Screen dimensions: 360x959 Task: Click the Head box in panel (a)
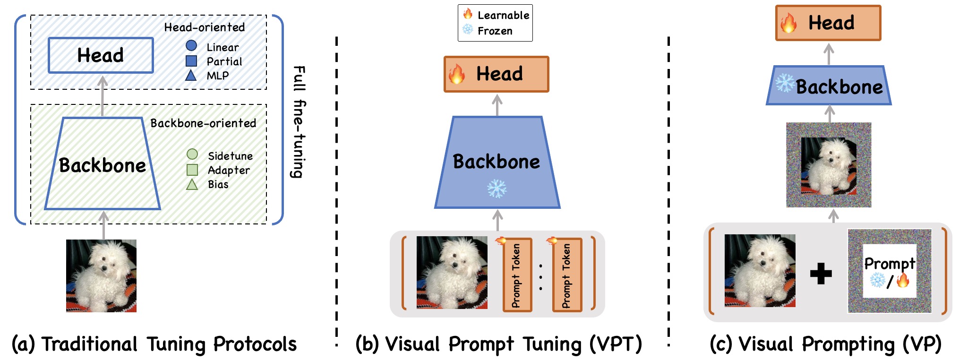tap(101, 55)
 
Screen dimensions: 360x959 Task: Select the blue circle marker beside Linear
tap(191, 46)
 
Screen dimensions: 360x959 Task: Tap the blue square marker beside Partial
tap(191, 60)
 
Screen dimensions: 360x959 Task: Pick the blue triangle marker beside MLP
tap(191, 75)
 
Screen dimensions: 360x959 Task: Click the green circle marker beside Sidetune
tap(192, 154)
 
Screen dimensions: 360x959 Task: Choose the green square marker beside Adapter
tap(192, 170)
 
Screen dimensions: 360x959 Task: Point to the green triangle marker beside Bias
tap(192, 184)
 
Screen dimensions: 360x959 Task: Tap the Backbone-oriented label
tap(203, 123)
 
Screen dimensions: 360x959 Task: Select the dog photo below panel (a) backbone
tap(101, 275)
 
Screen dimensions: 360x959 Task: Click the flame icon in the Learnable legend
tap(468, 14)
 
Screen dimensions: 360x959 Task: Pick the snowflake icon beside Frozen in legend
tap(468, 30)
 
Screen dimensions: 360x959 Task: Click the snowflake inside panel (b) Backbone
tap(497, 189)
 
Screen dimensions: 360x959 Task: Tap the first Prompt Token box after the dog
tap(517, 275)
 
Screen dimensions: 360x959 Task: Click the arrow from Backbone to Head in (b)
tap(497, 104)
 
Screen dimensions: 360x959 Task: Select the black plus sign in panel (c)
tap(821, 274)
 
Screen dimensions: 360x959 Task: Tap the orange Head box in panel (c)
tap(828, 23)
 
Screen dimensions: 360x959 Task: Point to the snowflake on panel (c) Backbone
tap(785, 83)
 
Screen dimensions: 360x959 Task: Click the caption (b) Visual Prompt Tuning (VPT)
tap(498, 344)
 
